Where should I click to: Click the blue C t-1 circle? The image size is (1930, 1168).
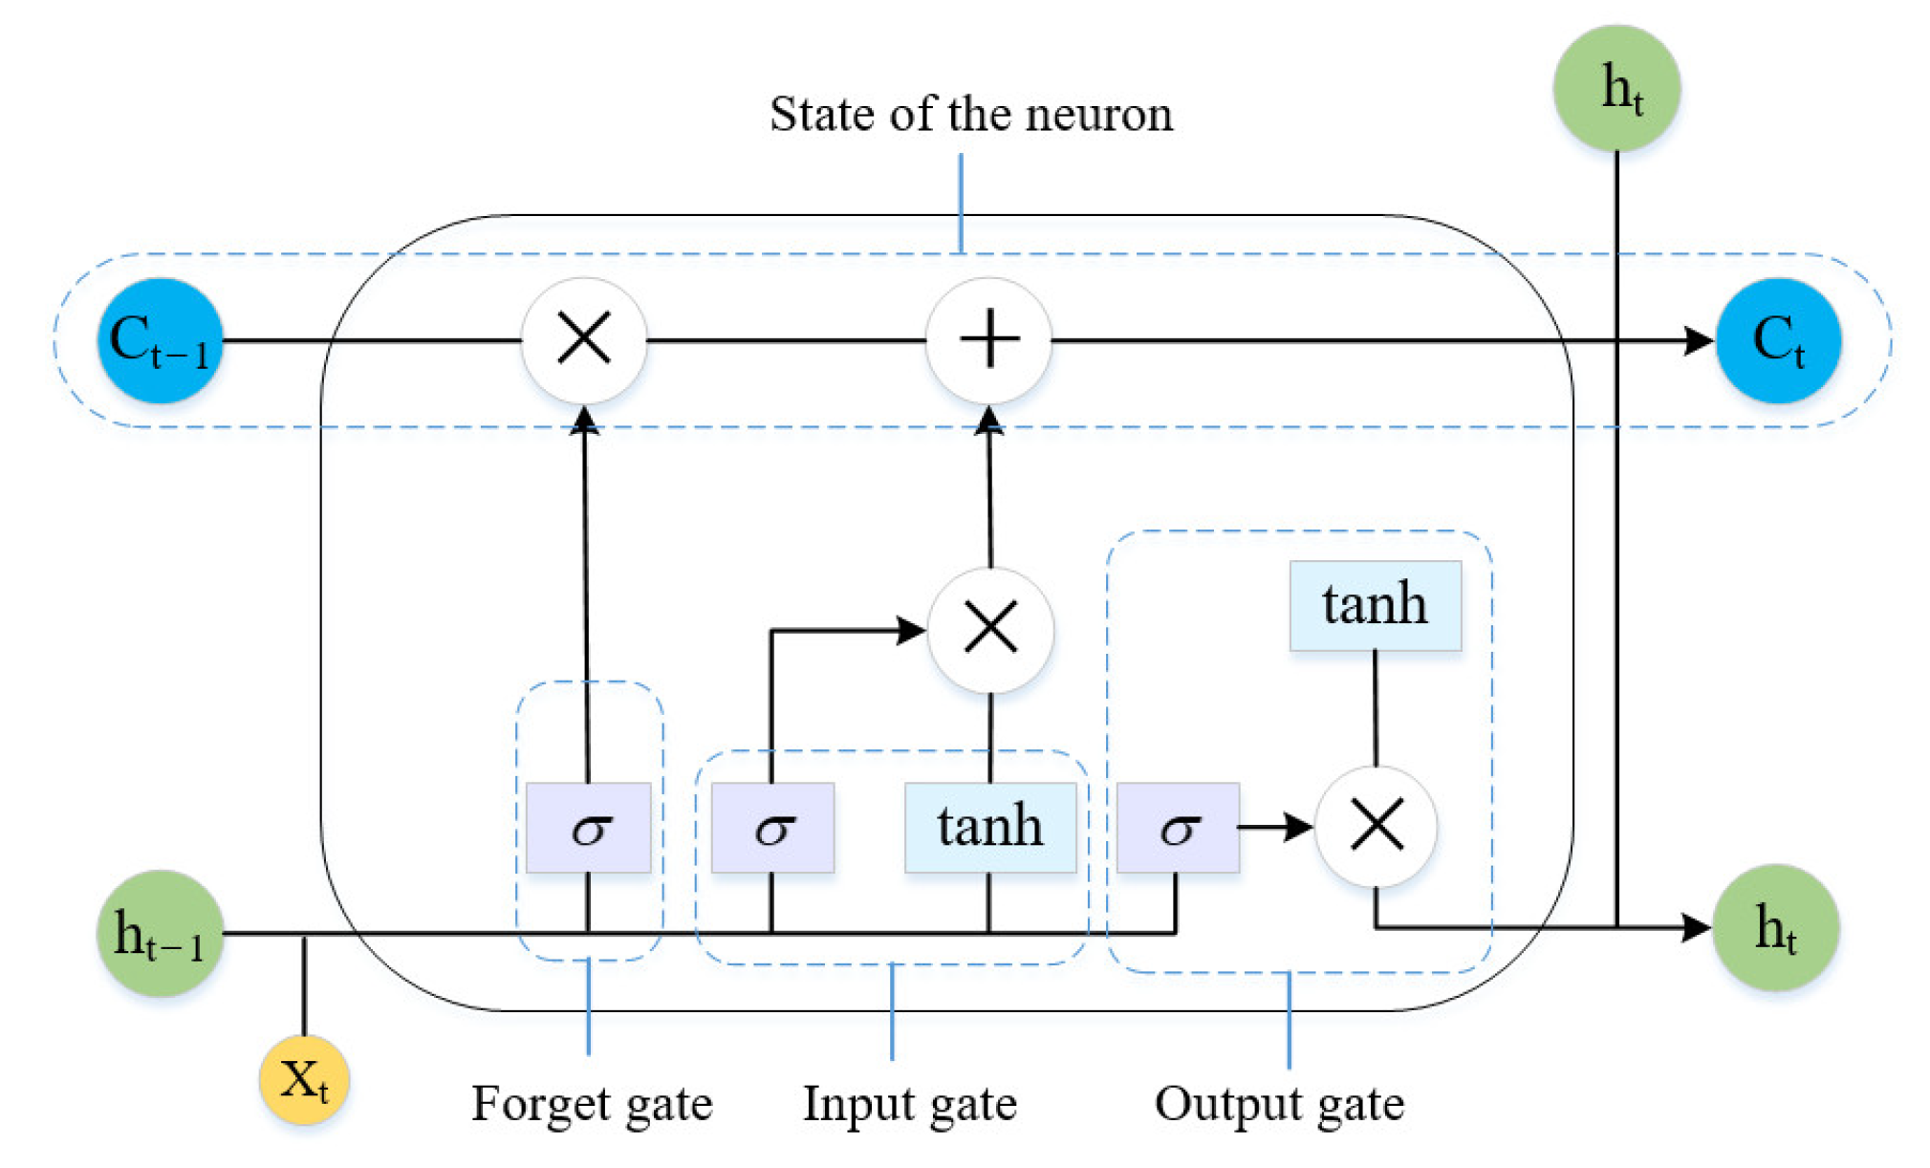(160, 340)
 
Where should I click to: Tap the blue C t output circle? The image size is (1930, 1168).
(1777, 340)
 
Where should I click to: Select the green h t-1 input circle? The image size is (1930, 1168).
(160, 933)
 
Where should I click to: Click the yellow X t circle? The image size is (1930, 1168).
(304, 1079)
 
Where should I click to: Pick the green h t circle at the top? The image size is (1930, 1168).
(1616, 88)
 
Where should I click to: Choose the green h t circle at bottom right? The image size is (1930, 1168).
(1775, 927)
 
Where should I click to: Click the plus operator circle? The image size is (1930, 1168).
(988, 339)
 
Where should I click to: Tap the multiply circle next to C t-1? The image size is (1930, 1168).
(583, 339)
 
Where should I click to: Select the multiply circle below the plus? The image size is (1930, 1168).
(990, 630)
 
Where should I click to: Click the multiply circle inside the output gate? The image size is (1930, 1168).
(1376, 826)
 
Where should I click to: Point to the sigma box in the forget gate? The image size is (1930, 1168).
(588, 828)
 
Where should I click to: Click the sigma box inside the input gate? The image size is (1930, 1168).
(772, 828)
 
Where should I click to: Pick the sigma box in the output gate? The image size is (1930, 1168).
(1178, 828)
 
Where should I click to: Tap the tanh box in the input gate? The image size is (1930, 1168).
(990, 828)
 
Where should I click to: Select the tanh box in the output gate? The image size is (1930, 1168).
(1375, 605)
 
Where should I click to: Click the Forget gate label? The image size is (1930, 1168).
(592, 1104)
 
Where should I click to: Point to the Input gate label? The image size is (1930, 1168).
(909, 1104)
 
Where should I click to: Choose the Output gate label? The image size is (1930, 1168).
(1279, 1104)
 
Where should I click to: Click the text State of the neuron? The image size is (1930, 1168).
(970, 115)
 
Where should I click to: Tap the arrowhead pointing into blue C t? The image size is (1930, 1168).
(1698, 340)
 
